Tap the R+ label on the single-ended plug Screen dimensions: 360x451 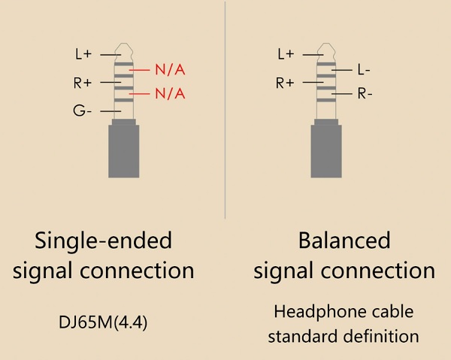point(82,82)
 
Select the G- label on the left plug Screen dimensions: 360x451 point(82,111)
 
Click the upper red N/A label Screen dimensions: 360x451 point(170,70)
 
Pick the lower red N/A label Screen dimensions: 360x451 point(170,94)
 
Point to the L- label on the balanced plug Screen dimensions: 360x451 point(364,70)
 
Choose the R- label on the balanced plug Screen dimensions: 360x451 point(364,94)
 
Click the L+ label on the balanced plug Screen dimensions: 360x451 point(286,54)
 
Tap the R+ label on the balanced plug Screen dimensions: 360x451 point(285,83)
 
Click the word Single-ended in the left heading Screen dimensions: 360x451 point(104,241)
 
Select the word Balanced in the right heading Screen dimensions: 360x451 point(344,241)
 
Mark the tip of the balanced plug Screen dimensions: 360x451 point(325,47)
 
